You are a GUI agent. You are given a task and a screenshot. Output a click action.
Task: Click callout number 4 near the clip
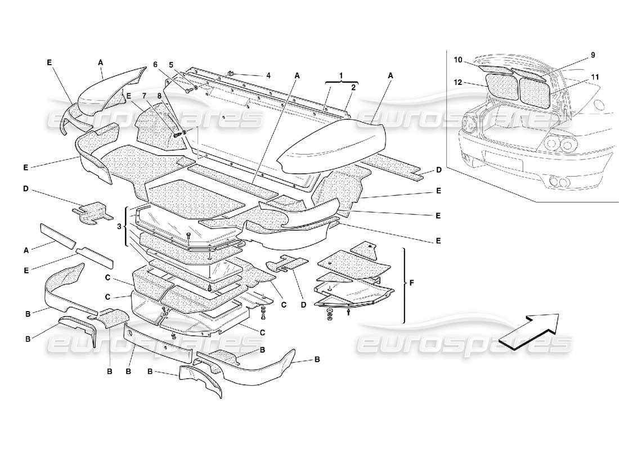268,75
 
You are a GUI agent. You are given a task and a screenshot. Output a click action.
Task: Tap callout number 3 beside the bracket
119,226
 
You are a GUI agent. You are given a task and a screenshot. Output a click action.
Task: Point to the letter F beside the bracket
411,282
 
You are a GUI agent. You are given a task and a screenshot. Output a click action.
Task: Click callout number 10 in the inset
458,60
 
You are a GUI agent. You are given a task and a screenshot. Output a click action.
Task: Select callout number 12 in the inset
458,82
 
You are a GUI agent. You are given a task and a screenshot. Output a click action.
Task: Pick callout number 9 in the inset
593,55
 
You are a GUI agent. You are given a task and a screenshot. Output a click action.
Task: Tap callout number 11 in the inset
595,76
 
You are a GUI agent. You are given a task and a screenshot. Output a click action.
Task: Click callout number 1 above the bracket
341,74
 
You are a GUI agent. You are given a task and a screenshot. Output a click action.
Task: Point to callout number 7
144,96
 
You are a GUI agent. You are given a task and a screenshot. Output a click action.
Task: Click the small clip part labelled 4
231,73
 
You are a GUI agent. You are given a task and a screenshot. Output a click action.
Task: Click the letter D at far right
438,170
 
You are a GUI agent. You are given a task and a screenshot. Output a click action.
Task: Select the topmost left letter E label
50,63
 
